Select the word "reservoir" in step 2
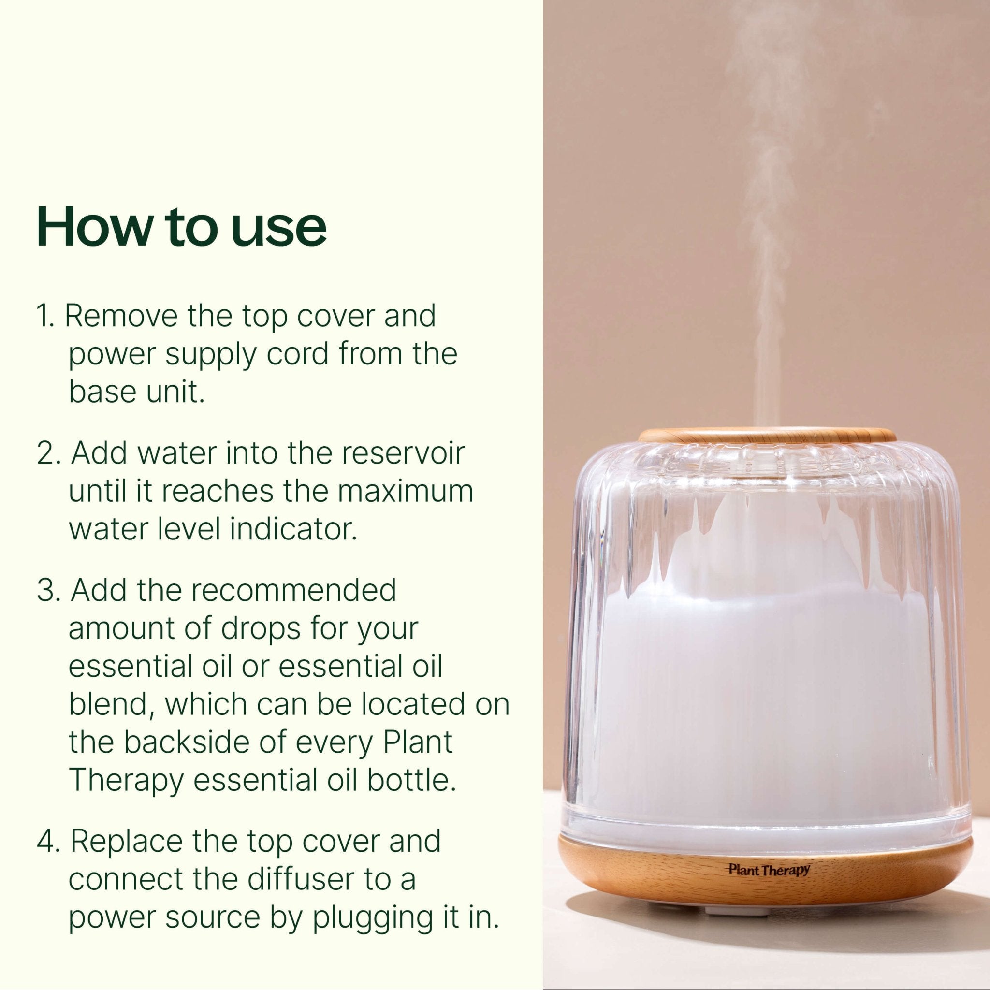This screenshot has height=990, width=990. coord(405,453)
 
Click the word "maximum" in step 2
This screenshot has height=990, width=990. coord(405,492)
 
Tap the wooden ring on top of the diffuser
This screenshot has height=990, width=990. coord(767,436)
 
